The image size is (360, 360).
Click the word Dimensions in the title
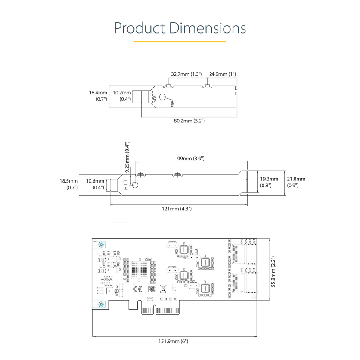pyautogui.click(x=207, y=28)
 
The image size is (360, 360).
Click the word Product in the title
pyautogui.click(x=139, y=28)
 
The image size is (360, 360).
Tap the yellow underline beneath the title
pyautogui.click(x=180, y=41)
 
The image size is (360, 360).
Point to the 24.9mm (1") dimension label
pyautogui.click(x=222, y=74)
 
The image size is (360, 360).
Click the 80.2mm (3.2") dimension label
pyautogui.click(x=189, y=121)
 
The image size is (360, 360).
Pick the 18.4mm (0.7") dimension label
pyautogui.click(x=97, y=96)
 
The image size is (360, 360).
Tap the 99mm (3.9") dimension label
pyautogui.click(x=191, y=159)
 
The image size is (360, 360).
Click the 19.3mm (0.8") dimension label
pyautogui.click(x=269, y=182)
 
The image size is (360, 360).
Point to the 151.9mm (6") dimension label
pyautogui.click(x=173, y=341)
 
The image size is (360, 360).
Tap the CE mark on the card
pyautogui.click(x=138, y=289)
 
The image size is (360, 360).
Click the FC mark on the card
pyautogui.click(x=150, y=289)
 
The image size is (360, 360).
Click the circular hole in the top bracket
pyautogui.click(x=163, y=97)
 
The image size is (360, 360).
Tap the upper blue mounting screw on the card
pyautogui.click(x=101, y=245)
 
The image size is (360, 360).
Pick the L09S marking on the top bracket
pyautogui.click(x=154, y=97)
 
